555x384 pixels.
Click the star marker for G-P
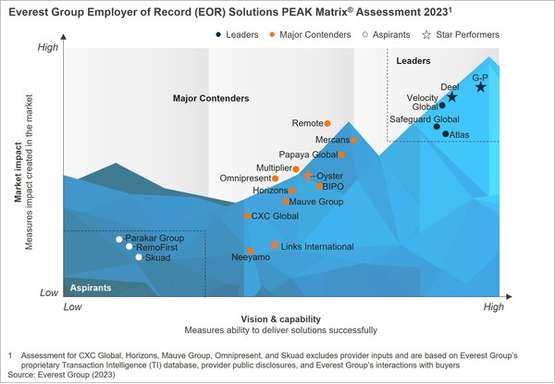click(x=480, y=86)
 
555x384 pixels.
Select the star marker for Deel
click(x=451, y=96)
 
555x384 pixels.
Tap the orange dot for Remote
click(x=327, y=123)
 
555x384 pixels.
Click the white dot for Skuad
click(x=139, y=257)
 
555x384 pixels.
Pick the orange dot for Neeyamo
click(x=250, y=251)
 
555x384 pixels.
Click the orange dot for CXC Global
click(x=246, y=216)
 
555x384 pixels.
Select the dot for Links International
click(x=275, y=245)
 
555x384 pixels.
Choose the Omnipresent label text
click(x=245, y=178)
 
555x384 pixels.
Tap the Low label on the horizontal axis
click(x=71, y=305)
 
